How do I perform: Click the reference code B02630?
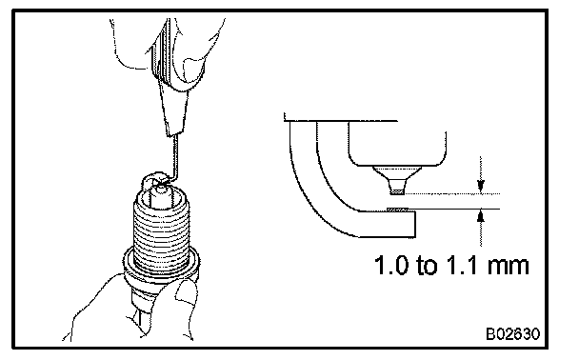point(512,333)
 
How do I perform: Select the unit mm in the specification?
point(509,267)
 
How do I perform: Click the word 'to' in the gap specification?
point(429,266)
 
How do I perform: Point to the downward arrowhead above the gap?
point(480,186)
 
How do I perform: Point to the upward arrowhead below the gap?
point(480,216)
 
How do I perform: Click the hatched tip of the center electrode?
point(397,192)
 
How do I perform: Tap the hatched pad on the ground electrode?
point(397,210)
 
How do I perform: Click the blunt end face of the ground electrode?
point(415,224)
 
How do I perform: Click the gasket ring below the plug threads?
point(161,261)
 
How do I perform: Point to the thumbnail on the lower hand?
point(186,292)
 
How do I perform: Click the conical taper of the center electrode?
point(397,178)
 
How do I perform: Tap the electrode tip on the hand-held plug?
point(161,189)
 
